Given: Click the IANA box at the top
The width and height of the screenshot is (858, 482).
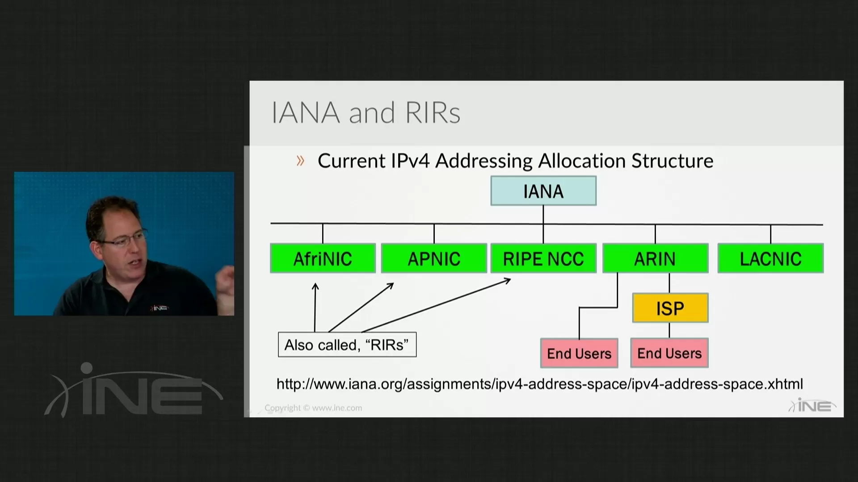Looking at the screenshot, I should coord(543,191).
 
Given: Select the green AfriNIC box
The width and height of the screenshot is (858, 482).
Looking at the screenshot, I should coord(323,258).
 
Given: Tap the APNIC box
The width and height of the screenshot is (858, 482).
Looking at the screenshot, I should coord(433,258).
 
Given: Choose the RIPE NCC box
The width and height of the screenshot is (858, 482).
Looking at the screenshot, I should coord(543,258).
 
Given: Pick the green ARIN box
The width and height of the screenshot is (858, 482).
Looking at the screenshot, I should coord(655,258).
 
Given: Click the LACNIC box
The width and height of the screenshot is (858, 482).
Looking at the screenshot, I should coord(770,258).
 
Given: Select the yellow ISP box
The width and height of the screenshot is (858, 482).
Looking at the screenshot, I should coord(670,308).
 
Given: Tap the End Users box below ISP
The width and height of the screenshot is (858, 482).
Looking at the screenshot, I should coord(669,353).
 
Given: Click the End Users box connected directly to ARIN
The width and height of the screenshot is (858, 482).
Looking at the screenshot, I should coord(579,353).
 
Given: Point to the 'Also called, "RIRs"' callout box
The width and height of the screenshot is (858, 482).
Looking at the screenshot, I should coord(347,345).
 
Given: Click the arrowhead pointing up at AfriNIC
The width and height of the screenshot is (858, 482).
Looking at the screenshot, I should coord(315,287).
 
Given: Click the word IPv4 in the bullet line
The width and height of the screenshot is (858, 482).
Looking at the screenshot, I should coord(410,161).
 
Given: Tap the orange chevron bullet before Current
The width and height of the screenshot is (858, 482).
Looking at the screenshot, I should coord(300,161).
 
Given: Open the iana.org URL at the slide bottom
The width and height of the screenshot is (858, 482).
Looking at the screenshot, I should coord(539,384).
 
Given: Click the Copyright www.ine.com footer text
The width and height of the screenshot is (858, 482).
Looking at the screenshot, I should coord(313,408).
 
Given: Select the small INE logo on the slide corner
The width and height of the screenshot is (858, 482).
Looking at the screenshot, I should coord(812,406).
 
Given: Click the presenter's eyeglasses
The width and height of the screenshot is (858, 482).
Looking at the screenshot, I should coord(123,241).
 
